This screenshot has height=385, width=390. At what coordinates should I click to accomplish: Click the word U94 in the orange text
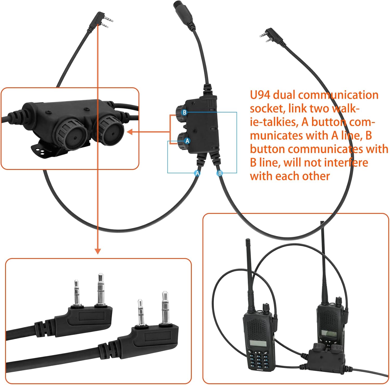tap(260, 95)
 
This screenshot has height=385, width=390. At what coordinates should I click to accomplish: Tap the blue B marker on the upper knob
tap(184, 112)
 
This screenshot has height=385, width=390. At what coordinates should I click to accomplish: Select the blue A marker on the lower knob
tap(187, 141)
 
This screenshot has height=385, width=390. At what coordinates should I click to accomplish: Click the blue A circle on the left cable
tap(197, 173)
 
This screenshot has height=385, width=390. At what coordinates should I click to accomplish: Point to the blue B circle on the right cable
tap(220, 173)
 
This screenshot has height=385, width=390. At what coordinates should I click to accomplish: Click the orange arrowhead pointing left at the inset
tap(130, 132)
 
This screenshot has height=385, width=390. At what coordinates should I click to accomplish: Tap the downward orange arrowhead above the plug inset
tap(97, 251)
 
